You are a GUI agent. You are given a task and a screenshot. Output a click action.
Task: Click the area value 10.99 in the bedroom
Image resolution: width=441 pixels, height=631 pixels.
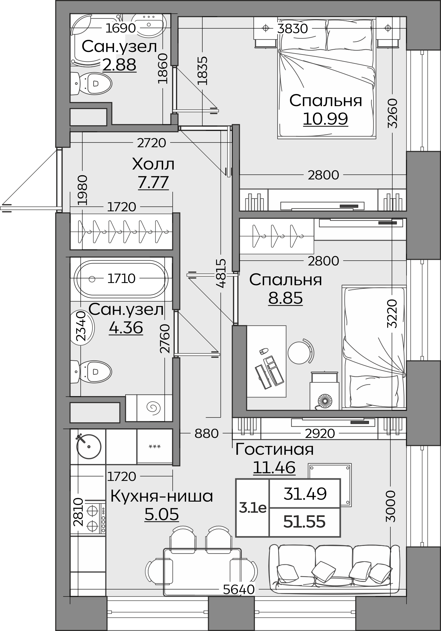325,119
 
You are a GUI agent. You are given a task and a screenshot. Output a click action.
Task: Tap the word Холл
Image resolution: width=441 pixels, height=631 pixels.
153,164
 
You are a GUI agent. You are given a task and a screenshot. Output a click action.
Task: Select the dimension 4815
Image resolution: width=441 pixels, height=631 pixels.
220,273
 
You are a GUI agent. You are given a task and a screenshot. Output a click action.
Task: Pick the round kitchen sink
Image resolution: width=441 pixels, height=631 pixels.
89,446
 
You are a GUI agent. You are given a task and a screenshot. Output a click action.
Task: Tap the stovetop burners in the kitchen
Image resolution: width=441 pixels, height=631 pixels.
92,519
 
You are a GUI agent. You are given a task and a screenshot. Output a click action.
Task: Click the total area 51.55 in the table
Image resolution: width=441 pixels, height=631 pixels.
305,522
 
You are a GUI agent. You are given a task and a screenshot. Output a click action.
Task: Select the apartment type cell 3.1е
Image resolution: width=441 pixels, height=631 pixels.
253,508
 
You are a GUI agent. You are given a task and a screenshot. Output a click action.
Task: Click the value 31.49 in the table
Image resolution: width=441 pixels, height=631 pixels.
305,494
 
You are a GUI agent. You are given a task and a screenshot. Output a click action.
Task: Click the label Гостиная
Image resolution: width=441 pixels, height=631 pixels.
275,449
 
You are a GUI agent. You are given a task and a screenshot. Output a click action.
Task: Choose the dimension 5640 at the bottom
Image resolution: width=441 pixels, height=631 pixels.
239,590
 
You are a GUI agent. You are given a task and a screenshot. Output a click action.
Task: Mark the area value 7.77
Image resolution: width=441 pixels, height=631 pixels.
153,182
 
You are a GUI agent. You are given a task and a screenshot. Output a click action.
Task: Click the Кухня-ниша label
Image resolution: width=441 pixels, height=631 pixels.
162,496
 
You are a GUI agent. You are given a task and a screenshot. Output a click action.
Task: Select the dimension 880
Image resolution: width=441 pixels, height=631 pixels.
206,433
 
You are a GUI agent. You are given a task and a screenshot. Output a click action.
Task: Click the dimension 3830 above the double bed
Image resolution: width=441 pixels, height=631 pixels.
293,29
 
